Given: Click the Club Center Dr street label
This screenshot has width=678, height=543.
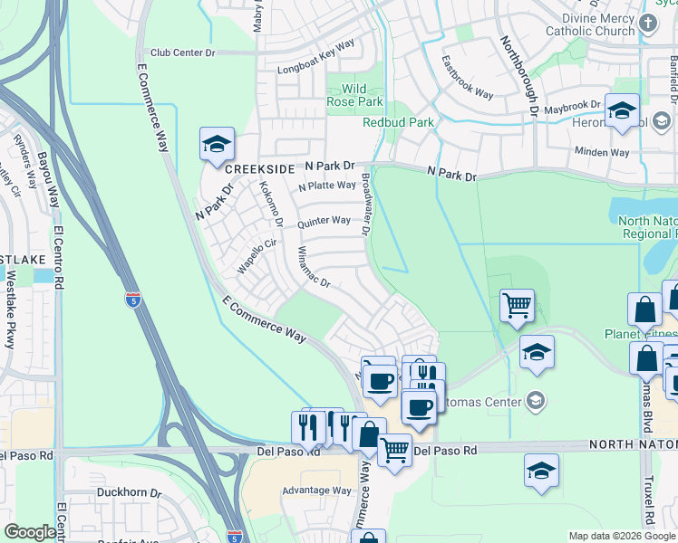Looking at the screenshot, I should coord(183,52).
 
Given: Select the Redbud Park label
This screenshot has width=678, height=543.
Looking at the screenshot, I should coord(398,122).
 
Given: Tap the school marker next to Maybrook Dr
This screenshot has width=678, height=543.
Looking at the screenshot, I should coord(622,111).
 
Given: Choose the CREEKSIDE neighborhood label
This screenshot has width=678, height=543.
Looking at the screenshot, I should coord(260,169).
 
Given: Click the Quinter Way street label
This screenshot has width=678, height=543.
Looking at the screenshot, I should coord(323,221).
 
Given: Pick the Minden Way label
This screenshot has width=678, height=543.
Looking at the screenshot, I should coord(601,152).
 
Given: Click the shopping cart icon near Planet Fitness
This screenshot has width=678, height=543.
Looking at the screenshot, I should coord(517,305).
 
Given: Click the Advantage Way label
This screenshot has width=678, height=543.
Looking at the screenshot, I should coord(316,491).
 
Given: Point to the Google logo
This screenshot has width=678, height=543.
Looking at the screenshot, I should coord(31,532).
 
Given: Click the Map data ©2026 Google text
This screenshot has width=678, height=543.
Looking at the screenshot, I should coord(621,536).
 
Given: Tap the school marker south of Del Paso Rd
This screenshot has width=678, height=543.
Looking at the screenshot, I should coord(541,471).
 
